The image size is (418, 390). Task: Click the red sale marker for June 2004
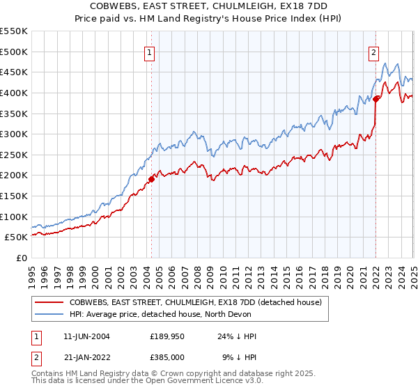tap(151, 179)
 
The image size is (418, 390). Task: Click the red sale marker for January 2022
tap(376, 98)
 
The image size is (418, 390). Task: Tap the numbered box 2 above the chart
tap(374, 51)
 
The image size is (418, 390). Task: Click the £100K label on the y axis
tap(15, 217)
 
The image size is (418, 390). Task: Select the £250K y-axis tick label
tap(15, 155)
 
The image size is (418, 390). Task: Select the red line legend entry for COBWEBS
tap(195, 303)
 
